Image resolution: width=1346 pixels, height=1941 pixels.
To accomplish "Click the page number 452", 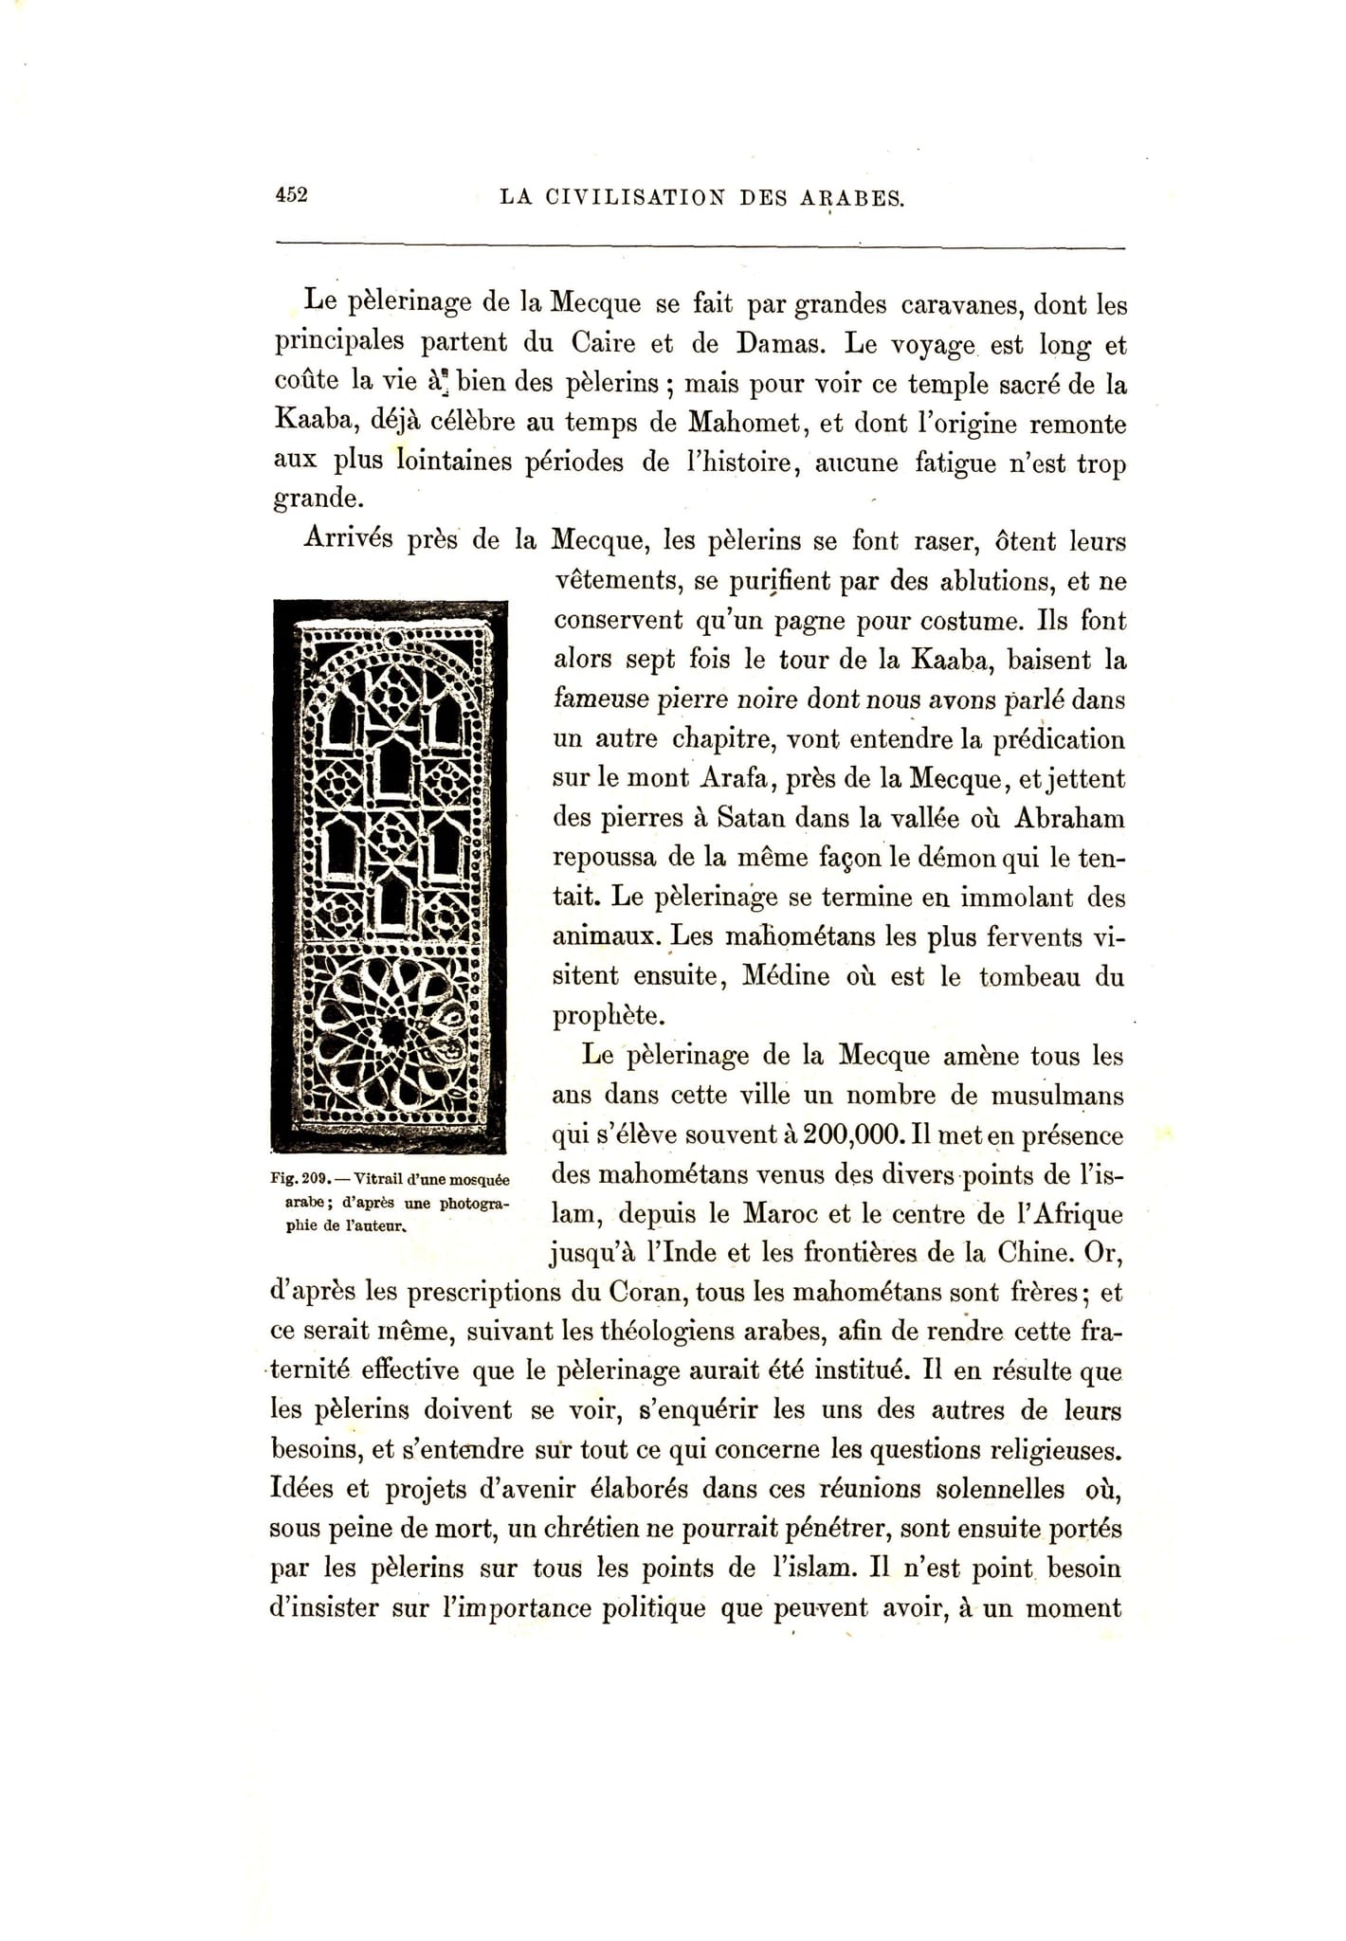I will [x=291, y=195].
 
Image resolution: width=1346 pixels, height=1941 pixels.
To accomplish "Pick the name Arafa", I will [x=736, y=778].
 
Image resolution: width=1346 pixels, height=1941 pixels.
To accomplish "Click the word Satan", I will [x=753, y=817].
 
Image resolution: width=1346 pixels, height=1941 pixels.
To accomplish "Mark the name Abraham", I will [x=1070, y=817].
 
